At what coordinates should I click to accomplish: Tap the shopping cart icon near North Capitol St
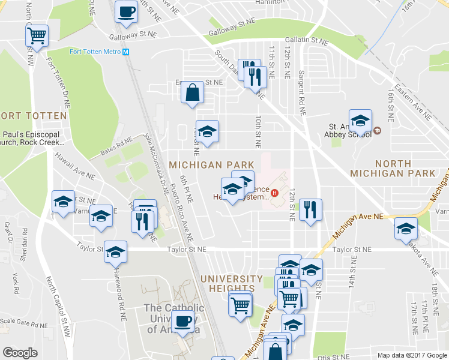(x=37, y=36)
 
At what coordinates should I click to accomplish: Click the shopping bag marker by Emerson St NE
(x=192, y=93)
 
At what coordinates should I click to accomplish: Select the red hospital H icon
(x=275, y=193)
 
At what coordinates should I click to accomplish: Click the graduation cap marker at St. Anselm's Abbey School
(x=360, y=121)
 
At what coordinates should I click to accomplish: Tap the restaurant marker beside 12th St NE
(x=310, y=210)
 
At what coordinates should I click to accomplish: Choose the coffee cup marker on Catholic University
(x=182, y=320)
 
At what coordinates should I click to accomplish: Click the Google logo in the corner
(x=20, y=353)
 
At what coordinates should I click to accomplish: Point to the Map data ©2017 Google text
(x=412, y=355)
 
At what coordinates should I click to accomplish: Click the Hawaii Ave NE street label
(x=75, y=166)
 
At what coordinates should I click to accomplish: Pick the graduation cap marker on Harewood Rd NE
(x=115, y=252)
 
